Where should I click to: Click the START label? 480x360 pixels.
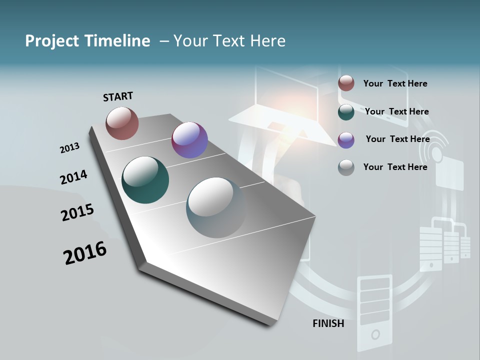click(118, 96)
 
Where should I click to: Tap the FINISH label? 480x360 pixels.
click(328, 323)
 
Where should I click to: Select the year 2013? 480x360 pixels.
click(69, 148)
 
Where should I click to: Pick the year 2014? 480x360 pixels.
click(73, 177)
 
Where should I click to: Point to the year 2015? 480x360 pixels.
click(77, 212)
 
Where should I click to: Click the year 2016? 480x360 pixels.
click(85, 252)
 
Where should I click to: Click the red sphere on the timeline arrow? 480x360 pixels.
click(122, 123)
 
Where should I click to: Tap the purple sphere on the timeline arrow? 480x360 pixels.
click(189, 140)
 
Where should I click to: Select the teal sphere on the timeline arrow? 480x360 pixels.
click(145, 180)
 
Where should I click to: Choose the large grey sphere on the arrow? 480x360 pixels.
click(216, 207)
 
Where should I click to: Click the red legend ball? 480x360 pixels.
click(346, 83)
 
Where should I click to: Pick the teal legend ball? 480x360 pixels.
click(346, 112)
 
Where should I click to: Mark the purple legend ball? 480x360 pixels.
click(346, 140)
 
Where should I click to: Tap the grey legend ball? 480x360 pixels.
click(346, 167)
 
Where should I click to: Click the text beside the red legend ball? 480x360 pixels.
click(395, 83)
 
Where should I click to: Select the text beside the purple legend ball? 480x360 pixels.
click(397, 139)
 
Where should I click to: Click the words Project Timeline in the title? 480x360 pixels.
click(87, 41)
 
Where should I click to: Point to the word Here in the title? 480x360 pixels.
click(267, 41)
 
